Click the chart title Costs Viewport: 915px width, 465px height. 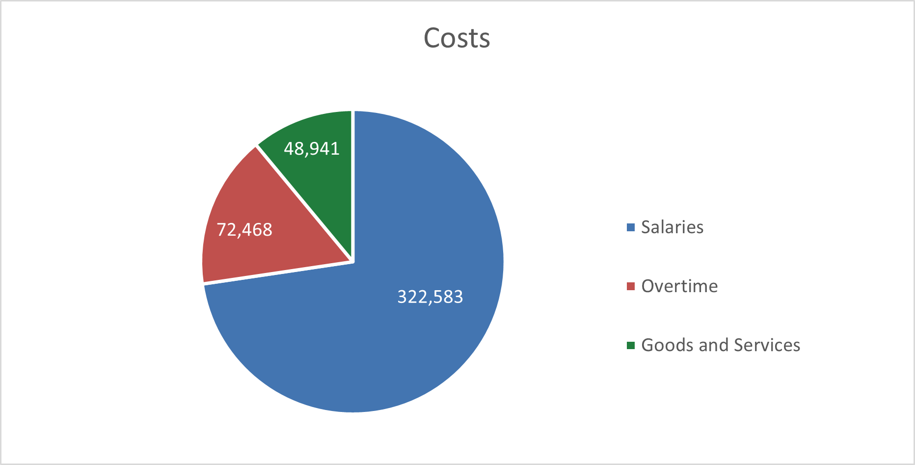point(457,38)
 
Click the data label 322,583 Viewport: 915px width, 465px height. point(430,297)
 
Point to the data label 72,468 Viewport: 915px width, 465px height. point(244,229)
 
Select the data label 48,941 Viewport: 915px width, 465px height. point(312,148)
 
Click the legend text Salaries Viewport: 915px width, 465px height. point(672,227)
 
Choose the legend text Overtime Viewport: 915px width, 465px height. point(679,286)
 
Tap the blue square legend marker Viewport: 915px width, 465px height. point(631,227)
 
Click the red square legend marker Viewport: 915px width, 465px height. point(631,286)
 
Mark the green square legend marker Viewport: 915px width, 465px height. point(631,345)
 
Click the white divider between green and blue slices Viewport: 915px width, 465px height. point(353,187)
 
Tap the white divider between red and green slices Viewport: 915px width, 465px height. point(304,203)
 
